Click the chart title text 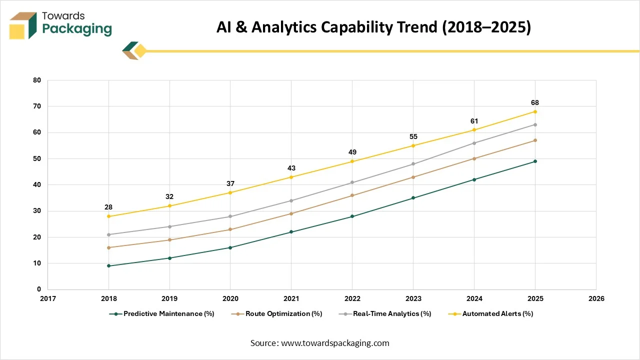(x=373, y=28)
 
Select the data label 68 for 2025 (x=535, y=103)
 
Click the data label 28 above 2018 (x=108, y=207)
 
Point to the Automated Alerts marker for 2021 (x=291, y=177)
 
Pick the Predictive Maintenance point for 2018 (x=108, y=266)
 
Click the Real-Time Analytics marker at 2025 (x=535, y=124)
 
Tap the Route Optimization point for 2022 (x=352, y=195)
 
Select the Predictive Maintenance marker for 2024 (x=474, y=179)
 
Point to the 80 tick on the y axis (x=37, y=80)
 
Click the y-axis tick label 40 (x=37, y=185)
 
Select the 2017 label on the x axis (x=48, y=298)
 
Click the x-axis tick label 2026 (x=596, y=298)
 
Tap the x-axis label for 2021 (x=291, y=298)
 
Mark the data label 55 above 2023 (x=413, y=137)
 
